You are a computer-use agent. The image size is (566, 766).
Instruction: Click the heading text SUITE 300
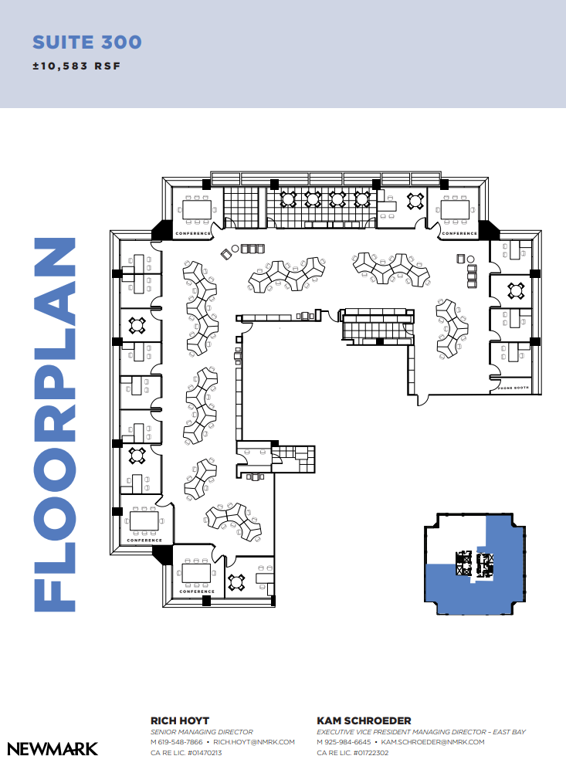86,42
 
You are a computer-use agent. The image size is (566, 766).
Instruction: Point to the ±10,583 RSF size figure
76,66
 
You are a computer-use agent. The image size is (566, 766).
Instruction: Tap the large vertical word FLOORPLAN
55,424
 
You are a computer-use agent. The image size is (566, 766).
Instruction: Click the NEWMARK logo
53,748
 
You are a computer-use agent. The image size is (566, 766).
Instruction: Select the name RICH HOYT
179,720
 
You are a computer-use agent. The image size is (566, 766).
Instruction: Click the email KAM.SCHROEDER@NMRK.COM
432,742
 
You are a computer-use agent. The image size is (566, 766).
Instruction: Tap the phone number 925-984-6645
348,742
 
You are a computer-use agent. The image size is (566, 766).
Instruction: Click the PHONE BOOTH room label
511,388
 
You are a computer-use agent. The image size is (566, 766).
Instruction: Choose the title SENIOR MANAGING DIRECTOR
201,732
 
